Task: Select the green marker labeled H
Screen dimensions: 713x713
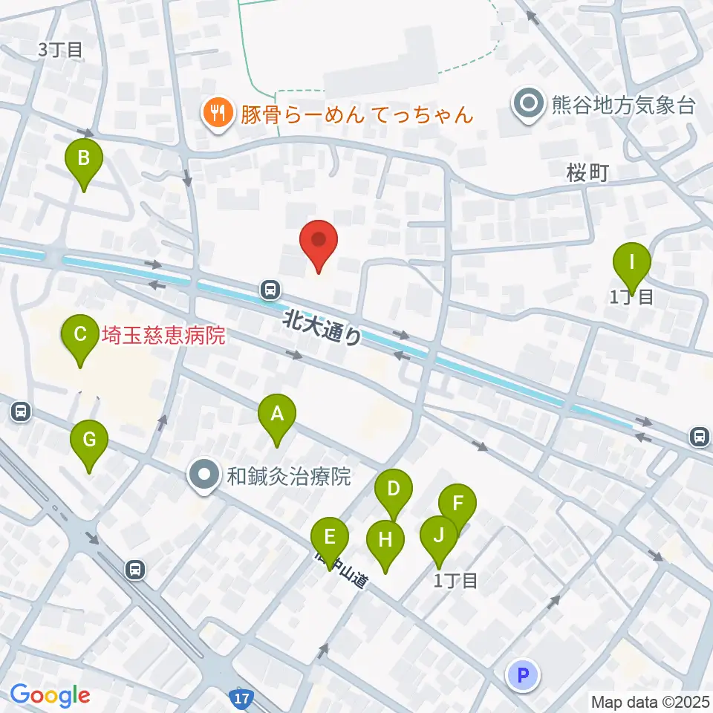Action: [385, 541]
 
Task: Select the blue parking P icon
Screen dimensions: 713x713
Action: [524, 675]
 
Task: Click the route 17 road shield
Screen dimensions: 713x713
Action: [241, 700]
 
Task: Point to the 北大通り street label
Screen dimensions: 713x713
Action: [323, 327]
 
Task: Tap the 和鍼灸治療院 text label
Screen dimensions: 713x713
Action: [288, 476]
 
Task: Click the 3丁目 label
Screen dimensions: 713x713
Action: [61, 51]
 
